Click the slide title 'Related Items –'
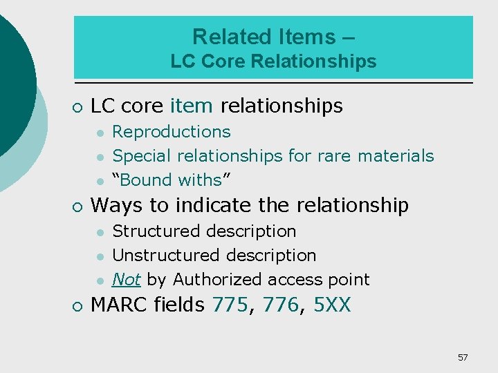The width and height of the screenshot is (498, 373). [x=273, y=36]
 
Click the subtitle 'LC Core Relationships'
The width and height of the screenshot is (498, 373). [x=273, y=61]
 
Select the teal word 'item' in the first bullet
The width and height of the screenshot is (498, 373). [x=192, y=106]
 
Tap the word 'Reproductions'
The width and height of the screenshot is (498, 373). [x=172, y=132]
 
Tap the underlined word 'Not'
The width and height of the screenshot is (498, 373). [x=127, y=280]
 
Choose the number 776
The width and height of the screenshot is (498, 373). [x=282, y=305]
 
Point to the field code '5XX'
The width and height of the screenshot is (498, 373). [x=332, y=305]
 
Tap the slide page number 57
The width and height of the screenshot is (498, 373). [x=463, y=357]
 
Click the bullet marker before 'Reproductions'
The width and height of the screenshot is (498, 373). [x=101, y=133]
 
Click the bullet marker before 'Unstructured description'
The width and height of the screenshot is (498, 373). [x=101, y=256]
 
